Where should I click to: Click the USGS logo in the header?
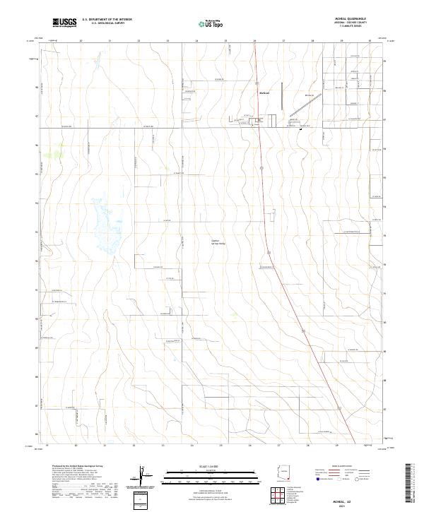click(x=65, y=23)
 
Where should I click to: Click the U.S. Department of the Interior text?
click(x=107, y=20)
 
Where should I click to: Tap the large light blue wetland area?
click(x=107, y=226)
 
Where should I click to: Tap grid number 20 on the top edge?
click(x=81, y=42)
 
